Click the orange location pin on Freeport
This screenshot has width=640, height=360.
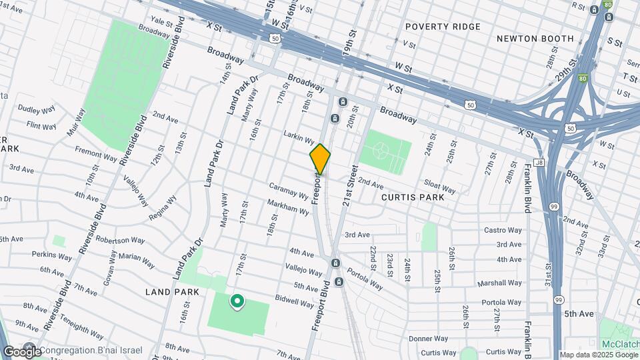pos(320,159)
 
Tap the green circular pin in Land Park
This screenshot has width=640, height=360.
pos(237,302)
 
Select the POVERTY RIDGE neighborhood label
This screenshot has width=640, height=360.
pos(443,27)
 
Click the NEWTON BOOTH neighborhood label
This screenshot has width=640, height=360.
pos(535,39)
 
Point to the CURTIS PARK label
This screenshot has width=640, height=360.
pos(413,197)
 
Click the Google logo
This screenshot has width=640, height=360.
pos(21,351)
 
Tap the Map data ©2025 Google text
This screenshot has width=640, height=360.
pos(598,355)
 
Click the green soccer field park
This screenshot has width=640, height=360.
pos(385,150)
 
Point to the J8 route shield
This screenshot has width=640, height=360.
pos(539,162)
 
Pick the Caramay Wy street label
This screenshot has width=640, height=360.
pos(289,192)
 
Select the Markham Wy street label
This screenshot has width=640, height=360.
pos(288,207)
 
